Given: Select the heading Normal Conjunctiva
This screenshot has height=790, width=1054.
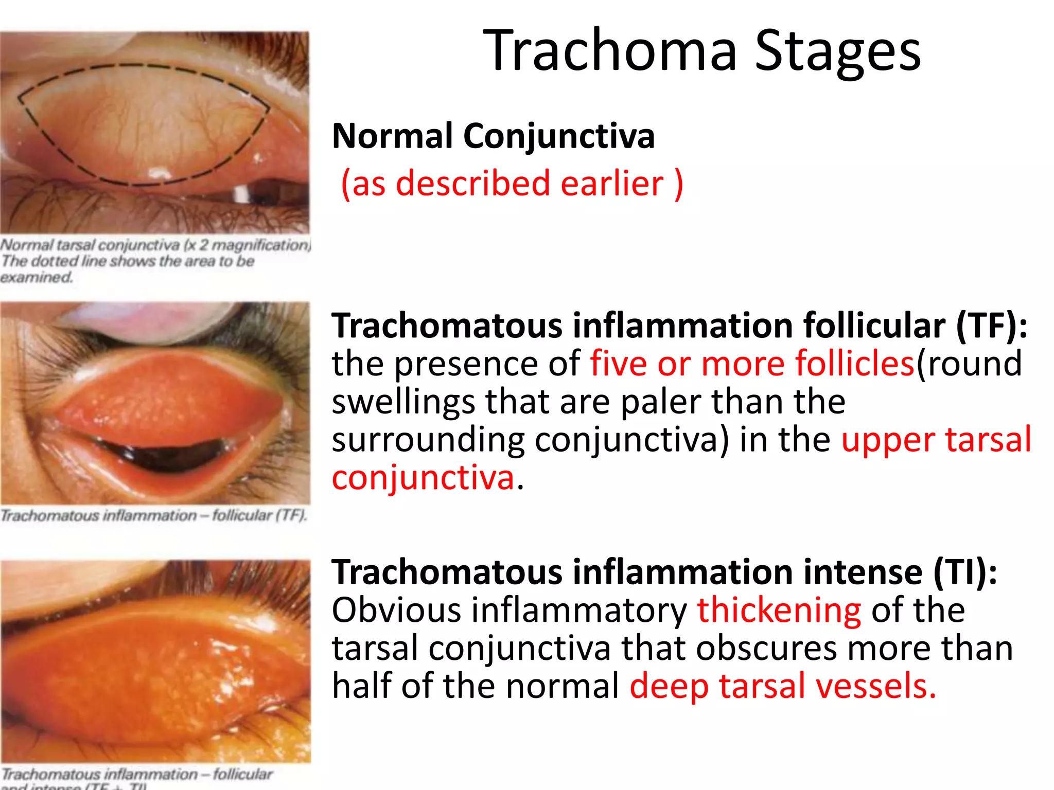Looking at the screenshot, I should point(493,136).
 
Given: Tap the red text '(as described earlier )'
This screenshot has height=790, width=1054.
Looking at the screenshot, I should point(512,184).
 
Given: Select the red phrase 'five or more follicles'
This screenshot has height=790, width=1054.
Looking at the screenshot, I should point(751,363).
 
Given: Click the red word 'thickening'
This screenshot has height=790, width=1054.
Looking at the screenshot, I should point(779,610).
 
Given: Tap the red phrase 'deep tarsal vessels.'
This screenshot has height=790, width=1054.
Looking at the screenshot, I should point(782,686).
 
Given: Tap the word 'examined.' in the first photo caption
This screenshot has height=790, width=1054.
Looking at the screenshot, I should point(36,278).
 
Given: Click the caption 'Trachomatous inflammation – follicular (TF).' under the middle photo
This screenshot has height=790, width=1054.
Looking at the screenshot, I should point(153,515).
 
